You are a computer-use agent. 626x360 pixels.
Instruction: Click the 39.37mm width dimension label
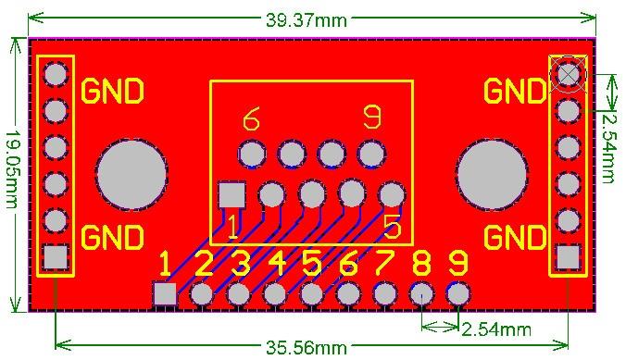click(307, 20)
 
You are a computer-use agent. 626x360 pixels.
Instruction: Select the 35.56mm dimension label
click(307, 348)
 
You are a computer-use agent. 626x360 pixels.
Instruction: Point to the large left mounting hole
click(131, 174)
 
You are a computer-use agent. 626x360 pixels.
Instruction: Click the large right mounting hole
click(493, 174)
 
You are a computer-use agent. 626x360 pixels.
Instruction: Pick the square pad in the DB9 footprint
click(232, 195)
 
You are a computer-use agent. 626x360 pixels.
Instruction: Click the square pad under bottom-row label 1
click(165, 294)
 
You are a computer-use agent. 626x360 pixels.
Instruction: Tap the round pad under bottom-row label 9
click(457, 294)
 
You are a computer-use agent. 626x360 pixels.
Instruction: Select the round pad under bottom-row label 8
click(421, 294)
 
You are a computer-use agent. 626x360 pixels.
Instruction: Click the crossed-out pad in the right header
click(568, 74)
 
